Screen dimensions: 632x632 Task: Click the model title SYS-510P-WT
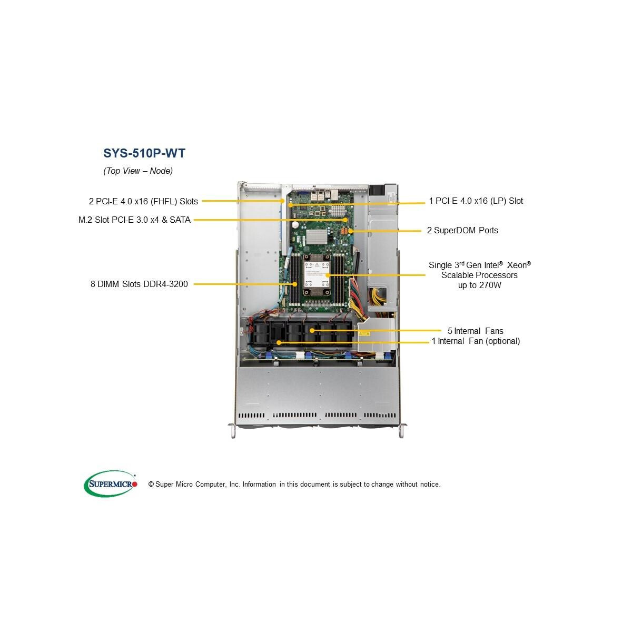[x=144, y=153]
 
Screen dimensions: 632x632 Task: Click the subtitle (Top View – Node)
[x=138, y=171]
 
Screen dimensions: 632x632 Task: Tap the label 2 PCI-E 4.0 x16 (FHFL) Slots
[x=143, y=201]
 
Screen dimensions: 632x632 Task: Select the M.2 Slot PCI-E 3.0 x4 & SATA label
[x=134, y=220]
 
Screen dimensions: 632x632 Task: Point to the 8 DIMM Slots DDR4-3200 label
[x=139, y=284]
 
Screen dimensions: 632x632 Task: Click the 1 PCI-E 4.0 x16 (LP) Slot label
[x=476, y=201]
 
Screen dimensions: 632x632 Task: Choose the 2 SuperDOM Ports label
[x=462, y=231]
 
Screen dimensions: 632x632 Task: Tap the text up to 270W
[x=479, y=285]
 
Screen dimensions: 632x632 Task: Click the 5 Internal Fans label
[x=475, y=331]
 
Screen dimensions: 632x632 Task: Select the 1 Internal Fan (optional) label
[x=476, y=341]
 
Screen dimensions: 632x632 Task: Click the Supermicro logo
[x=111, y=484]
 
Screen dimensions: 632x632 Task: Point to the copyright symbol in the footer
[x=151, y=485]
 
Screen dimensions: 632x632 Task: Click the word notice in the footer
[x=429, y=485]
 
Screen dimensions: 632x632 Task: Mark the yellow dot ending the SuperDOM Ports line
[x=351, y=231]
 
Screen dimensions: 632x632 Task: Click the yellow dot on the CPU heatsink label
[x=327, y=275]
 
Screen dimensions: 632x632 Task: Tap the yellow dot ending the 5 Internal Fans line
[x=312, y=331]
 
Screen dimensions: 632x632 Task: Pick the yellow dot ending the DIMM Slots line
[x=295, y=284]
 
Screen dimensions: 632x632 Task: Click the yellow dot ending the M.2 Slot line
[x=345, y=220]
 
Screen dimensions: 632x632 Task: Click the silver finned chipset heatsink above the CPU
[x=317, y=237]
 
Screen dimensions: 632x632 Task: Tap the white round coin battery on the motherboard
[x=295, y=225]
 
